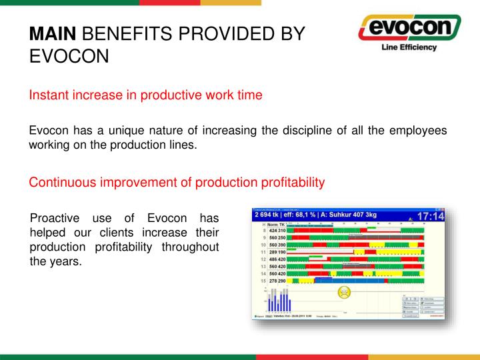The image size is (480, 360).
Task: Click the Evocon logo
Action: click(x=409, y=29)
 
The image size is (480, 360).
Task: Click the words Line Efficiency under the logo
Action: click(x=408, y=47)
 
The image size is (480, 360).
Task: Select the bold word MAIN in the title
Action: click(x=55, y=34)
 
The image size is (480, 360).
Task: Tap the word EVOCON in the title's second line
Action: click(x=69, y=56)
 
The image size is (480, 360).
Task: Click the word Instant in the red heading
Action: click(x=48, y=95)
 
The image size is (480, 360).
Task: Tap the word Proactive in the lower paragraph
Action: click(x=57, y=219)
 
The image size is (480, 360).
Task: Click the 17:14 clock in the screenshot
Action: click(x=431, y=217)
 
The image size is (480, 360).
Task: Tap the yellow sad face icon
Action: click(x=344, y=291)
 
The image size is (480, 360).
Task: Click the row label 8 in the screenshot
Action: click(x=264, y=231)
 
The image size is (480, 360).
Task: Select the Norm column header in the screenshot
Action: click(x=273, y=225)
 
